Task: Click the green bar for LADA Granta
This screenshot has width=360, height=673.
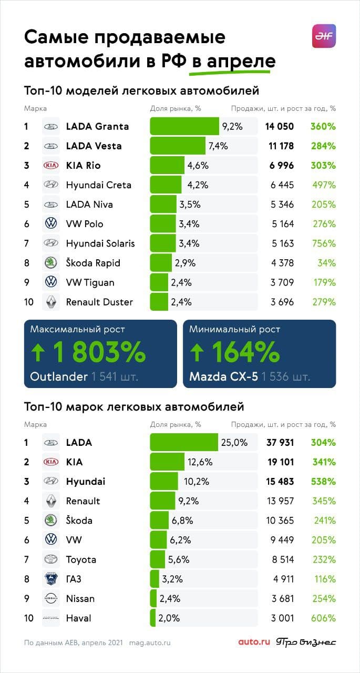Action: [184, 126]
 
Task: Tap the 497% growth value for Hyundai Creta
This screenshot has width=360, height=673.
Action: [324, 185]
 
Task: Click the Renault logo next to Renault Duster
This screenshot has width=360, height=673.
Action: [51, 302]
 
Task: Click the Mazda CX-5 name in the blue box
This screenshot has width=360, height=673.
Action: [223, 377]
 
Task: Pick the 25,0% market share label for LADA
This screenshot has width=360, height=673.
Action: [234, 443]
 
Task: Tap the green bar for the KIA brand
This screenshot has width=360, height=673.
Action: [167, 462]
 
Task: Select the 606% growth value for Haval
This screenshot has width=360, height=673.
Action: [324, 618]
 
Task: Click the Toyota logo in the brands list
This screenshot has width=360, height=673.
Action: [51, 559]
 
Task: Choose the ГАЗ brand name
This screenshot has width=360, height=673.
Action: [74, 579]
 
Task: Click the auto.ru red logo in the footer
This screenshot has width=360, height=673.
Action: [254, 642]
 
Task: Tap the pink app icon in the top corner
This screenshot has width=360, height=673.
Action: [324, 36]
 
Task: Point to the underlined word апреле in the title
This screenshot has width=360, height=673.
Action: [241, 61]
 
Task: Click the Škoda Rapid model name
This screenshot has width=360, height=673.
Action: [93, 263]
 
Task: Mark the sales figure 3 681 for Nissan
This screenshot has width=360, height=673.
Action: [280, 599]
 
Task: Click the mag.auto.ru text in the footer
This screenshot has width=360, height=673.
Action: [150, 643]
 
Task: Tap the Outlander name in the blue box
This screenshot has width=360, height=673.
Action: [58, 377]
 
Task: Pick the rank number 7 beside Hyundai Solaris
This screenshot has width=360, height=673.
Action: [26, 243]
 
